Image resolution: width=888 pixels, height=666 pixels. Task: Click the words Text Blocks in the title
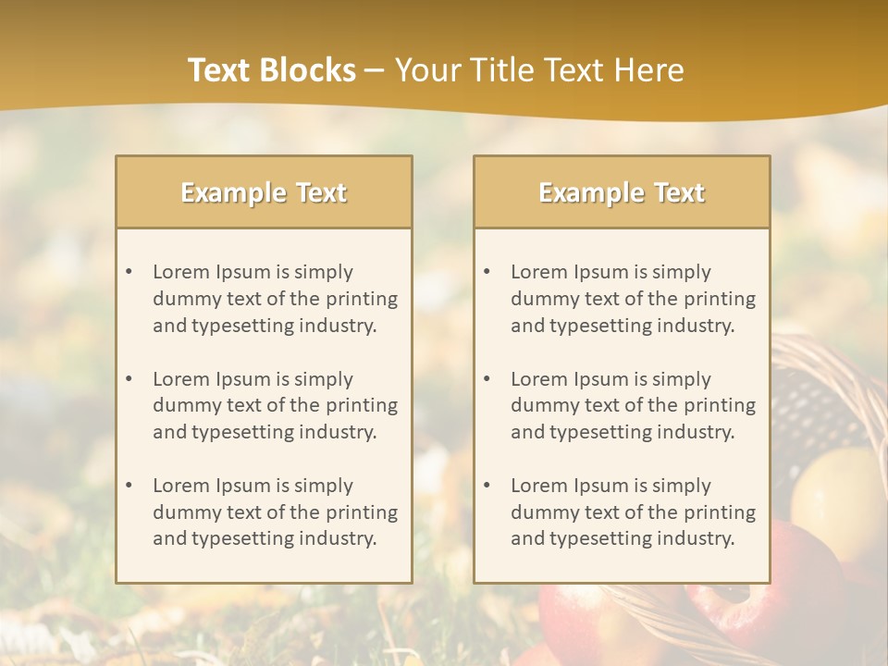[x=271, y=70]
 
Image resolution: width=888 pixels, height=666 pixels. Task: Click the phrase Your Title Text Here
[x=539, y=70]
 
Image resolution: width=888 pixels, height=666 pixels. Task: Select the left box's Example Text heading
[x=264, y=192]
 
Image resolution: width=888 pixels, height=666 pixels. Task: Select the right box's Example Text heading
[x=622, y=192]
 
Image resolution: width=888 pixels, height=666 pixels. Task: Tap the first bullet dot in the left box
[x=129, y=272]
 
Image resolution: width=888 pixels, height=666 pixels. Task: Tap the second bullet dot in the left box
[x=129, y=379]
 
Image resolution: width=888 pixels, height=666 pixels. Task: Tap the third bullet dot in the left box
[x=129, y=486]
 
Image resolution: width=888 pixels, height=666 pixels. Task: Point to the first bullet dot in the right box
[x=487, y=272]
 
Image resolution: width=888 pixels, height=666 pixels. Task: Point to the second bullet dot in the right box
[x=487, y=379]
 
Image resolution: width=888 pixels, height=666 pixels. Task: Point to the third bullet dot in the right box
[x=487, y=486]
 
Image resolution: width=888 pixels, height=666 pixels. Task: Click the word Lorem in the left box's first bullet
[x=181, y=272]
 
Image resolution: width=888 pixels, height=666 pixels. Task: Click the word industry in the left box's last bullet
[x=340, y=538]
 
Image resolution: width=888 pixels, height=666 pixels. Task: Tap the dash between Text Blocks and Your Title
[x=375, y=70]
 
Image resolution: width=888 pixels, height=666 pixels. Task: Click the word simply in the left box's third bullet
[x=322, y=486]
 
